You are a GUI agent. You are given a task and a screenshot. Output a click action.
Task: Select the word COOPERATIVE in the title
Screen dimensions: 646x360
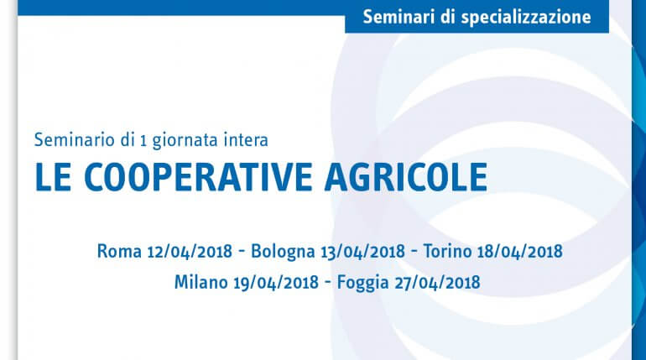[198, 177]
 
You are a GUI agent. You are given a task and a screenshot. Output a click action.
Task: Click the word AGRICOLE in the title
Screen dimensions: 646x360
[406, 177]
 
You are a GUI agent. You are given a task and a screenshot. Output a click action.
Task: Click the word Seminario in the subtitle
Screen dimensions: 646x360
[74, 140]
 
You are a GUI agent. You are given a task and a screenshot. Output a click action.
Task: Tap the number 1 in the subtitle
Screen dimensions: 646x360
[143, 141]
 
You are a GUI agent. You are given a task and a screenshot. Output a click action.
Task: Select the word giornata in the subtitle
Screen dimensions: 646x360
[185, 141]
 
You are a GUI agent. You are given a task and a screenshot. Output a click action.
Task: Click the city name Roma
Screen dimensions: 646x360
[119, 251]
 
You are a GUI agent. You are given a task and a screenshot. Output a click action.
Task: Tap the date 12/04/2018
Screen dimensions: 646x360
[190, 251]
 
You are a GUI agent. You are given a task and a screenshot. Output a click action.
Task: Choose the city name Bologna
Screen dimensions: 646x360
[283, 252]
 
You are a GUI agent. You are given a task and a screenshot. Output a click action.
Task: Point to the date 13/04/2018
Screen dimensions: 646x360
[363, 251]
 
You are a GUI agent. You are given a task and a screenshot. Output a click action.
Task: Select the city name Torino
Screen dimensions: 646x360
[447, 251]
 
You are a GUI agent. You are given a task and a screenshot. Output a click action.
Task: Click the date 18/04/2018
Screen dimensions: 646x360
[520, 251]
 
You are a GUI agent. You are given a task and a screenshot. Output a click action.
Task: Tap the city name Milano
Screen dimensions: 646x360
[201, 282]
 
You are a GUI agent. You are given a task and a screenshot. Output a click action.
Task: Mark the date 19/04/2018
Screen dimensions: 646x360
[276, 283]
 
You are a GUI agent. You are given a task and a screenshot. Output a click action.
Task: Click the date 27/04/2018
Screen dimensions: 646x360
[437, 283]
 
